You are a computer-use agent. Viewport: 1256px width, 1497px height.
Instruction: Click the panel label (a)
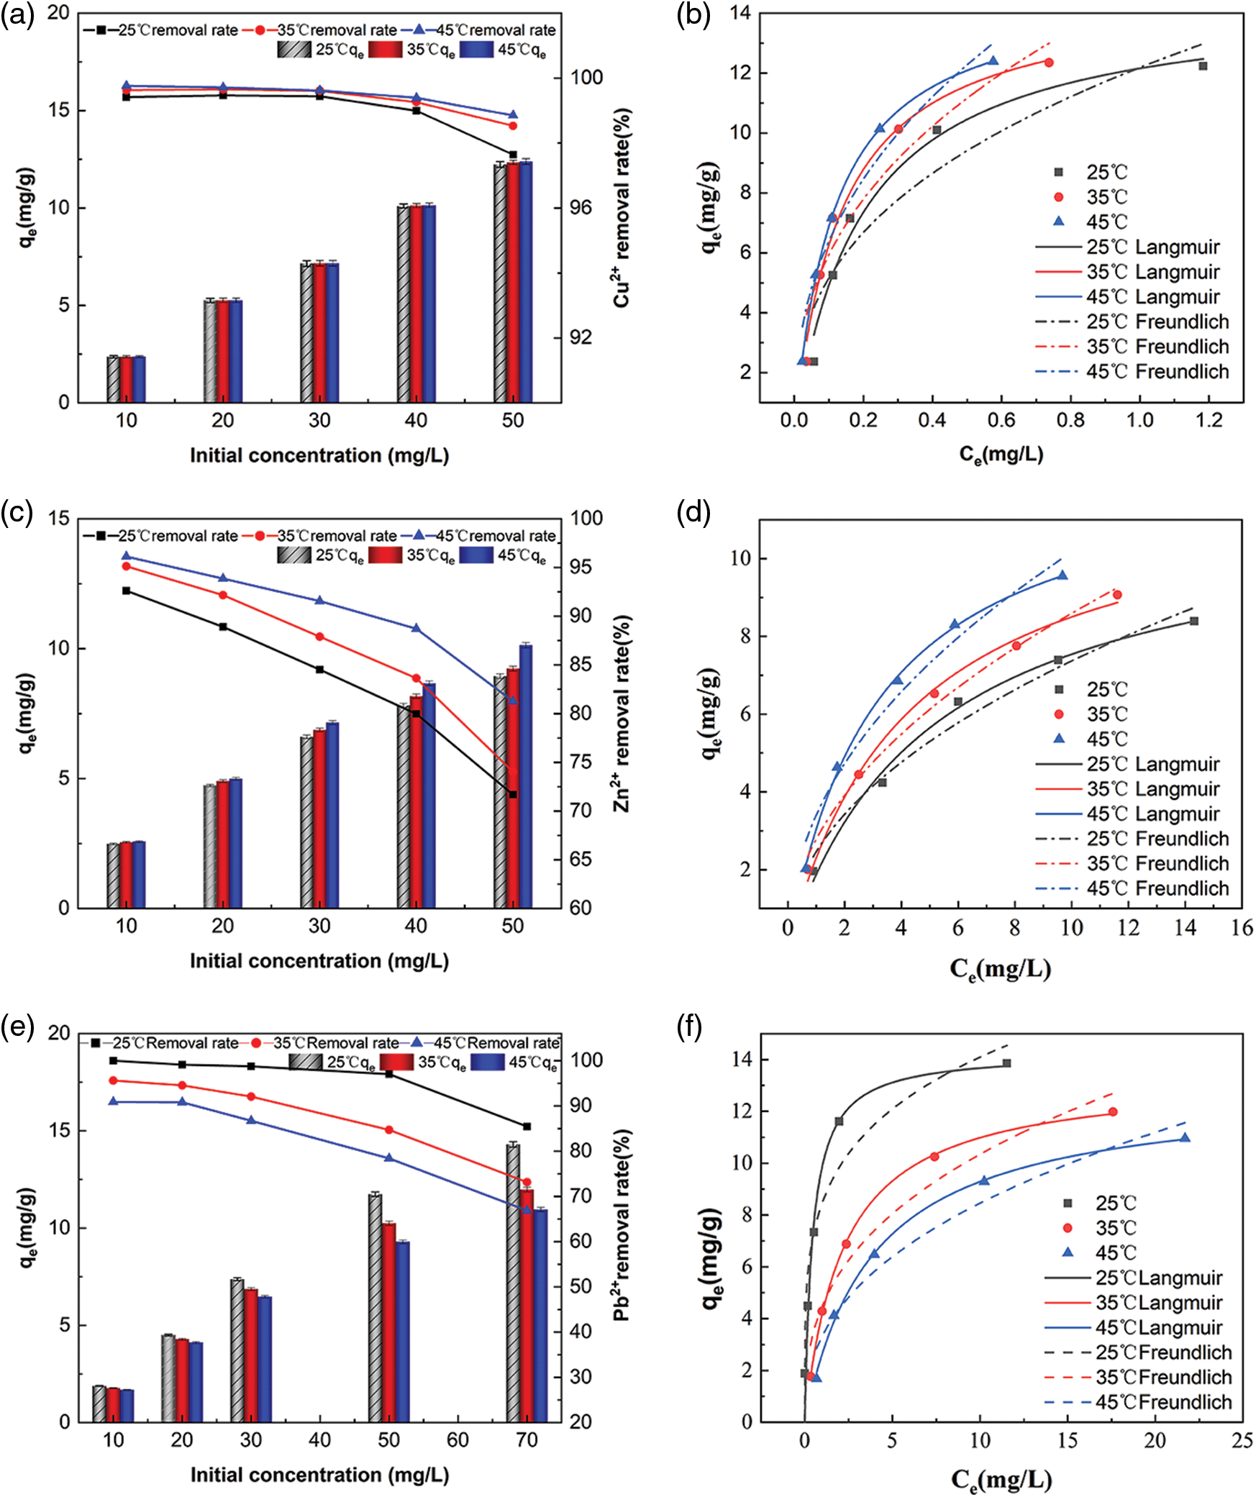click(17, 16)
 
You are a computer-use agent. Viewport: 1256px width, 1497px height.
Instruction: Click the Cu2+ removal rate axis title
click(622, 209)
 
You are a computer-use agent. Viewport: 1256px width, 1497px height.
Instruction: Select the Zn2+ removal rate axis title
click(622, 714)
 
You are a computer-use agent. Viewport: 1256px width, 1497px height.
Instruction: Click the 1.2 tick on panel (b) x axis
click(1209, 421)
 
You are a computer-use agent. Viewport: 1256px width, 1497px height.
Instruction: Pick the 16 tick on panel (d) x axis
click(1242, 928)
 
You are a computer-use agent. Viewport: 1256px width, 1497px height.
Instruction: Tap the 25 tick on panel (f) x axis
click(1242, 1440)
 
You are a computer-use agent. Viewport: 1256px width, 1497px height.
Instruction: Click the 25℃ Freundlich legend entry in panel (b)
click(1132, 322)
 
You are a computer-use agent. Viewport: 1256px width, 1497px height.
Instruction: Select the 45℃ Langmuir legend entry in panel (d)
click(1127, 814)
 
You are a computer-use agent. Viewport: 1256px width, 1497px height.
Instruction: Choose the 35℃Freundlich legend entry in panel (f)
click(1137, 1377)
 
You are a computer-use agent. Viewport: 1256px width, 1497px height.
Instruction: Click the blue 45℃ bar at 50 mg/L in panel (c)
click(526, 777)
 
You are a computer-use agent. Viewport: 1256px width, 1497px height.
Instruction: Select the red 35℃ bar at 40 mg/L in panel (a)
click(417, 304)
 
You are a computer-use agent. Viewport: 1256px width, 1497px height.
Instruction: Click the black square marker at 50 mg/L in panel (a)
click(513, 155)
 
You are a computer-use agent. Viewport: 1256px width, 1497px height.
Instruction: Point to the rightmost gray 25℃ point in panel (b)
click(1203, 66)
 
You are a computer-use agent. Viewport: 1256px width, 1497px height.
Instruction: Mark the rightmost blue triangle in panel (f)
click(1185, 1138)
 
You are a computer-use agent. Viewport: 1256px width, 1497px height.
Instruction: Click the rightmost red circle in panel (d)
click(1117, 595)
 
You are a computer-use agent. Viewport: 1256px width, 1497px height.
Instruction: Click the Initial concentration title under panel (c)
click(319, 961)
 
